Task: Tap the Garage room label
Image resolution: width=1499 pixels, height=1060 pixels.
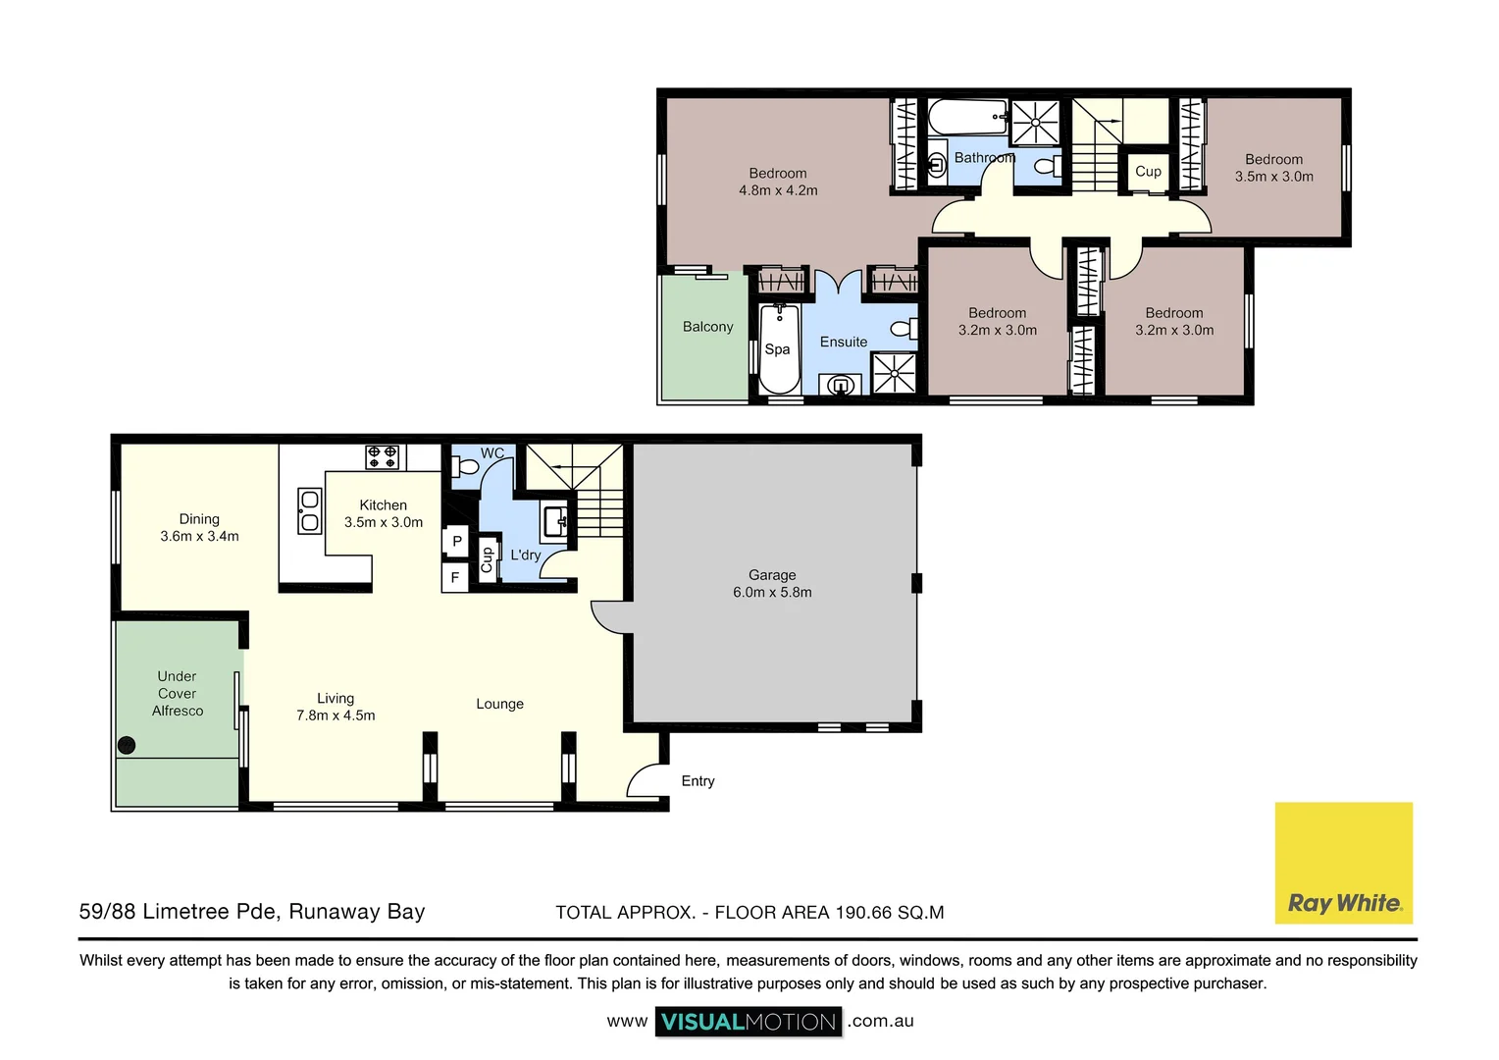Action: pyautogui.click(x=772, y=574)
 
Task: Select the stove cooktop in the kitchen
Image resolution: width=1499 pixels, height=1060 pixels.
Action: pyautogui.click(x=383, y=457)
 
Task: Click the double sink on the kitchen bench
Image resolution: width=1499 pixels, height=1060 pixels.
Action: pyautogui.click(x=309, y=511)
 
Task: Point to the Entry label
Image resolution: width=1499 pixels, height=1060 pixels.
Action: pyautogui.click(x=698, y=781)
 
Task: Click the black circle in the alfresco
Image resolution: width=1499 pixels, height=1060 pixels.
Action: pyautogui.click(x=127, y=745)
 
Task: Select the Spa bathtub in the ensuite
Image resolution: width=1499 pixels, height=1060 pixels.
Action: pyautogui.click(x=780, y=348)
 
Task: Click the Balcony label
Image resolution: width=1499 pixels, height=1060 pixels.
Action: pyautogui.click(x=707, y=327)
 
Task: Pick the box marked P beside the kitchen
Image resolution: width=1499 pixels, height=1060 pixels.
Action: pyautogui.click(x=456, y=541)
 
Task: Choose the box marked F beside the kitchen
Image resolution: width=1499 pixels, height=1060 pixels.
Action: pyautogui.click(x=455, y=577)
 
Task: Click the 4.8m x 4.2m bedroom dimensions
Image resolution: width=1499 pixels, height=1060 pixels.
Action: pyautogui.click(x=778, y=190)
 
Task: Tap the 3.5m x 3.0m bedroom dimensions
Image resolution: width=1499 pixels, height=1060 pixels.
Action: pyautogui.click(x=1273, y=177)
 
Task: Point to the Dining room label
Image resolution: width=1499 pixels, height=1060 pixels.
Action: pyautogui.click(x=199, y=519)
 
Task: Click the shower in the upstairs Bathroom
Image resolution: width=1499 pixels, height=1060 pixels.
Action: pyautogui.click(x=1035, y=123)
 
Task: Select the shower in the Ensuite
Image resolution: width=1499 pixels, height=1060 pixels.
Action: pyautogui.click(x=894, y=373)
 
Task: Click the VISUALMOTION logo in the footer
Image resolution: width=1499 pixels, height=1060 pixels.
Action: pyautogui.click(x=749, y=1021)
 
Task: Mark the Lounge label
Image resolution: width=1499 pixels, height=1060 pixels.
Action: pyautogui.click(x=500, y=704)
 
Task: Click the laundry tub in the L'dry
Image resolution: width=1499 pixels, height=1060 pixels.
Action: pyautogui.click(x=556, y=521)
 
